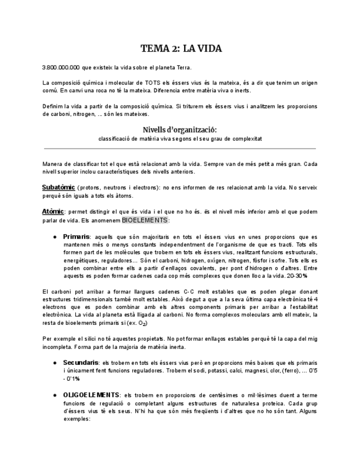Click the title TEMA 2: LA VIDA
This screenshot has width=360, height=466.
click(180, 49)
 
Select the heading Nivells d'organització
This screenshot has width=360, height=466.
click(180, 129)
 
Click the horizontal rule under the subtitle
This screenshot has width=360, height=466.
click(180, 148)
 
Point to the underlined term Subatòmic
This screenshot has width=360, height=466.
click(58, 187)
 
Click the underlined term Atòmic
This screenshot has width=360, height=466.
click(53, 212)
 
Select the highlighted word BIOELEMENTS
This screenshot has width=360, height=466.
click(145, 220)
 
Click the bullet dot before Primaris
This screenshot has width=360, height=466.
click(55, 237)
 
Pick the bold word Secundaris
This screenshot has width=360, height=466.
click(81, 363)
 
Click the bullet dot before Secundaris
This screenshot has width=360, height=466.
click(55, 363)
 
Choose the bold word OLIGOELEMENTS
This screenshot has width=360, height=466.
click(91, 395)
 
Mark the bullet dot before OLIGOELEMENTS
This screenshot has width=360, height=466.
click(55, 395)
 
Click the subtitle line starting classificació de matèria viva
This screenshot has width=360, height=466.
click(180, 139)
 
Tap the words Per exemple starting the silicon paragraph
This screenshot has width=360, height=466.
click(57, 339)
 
